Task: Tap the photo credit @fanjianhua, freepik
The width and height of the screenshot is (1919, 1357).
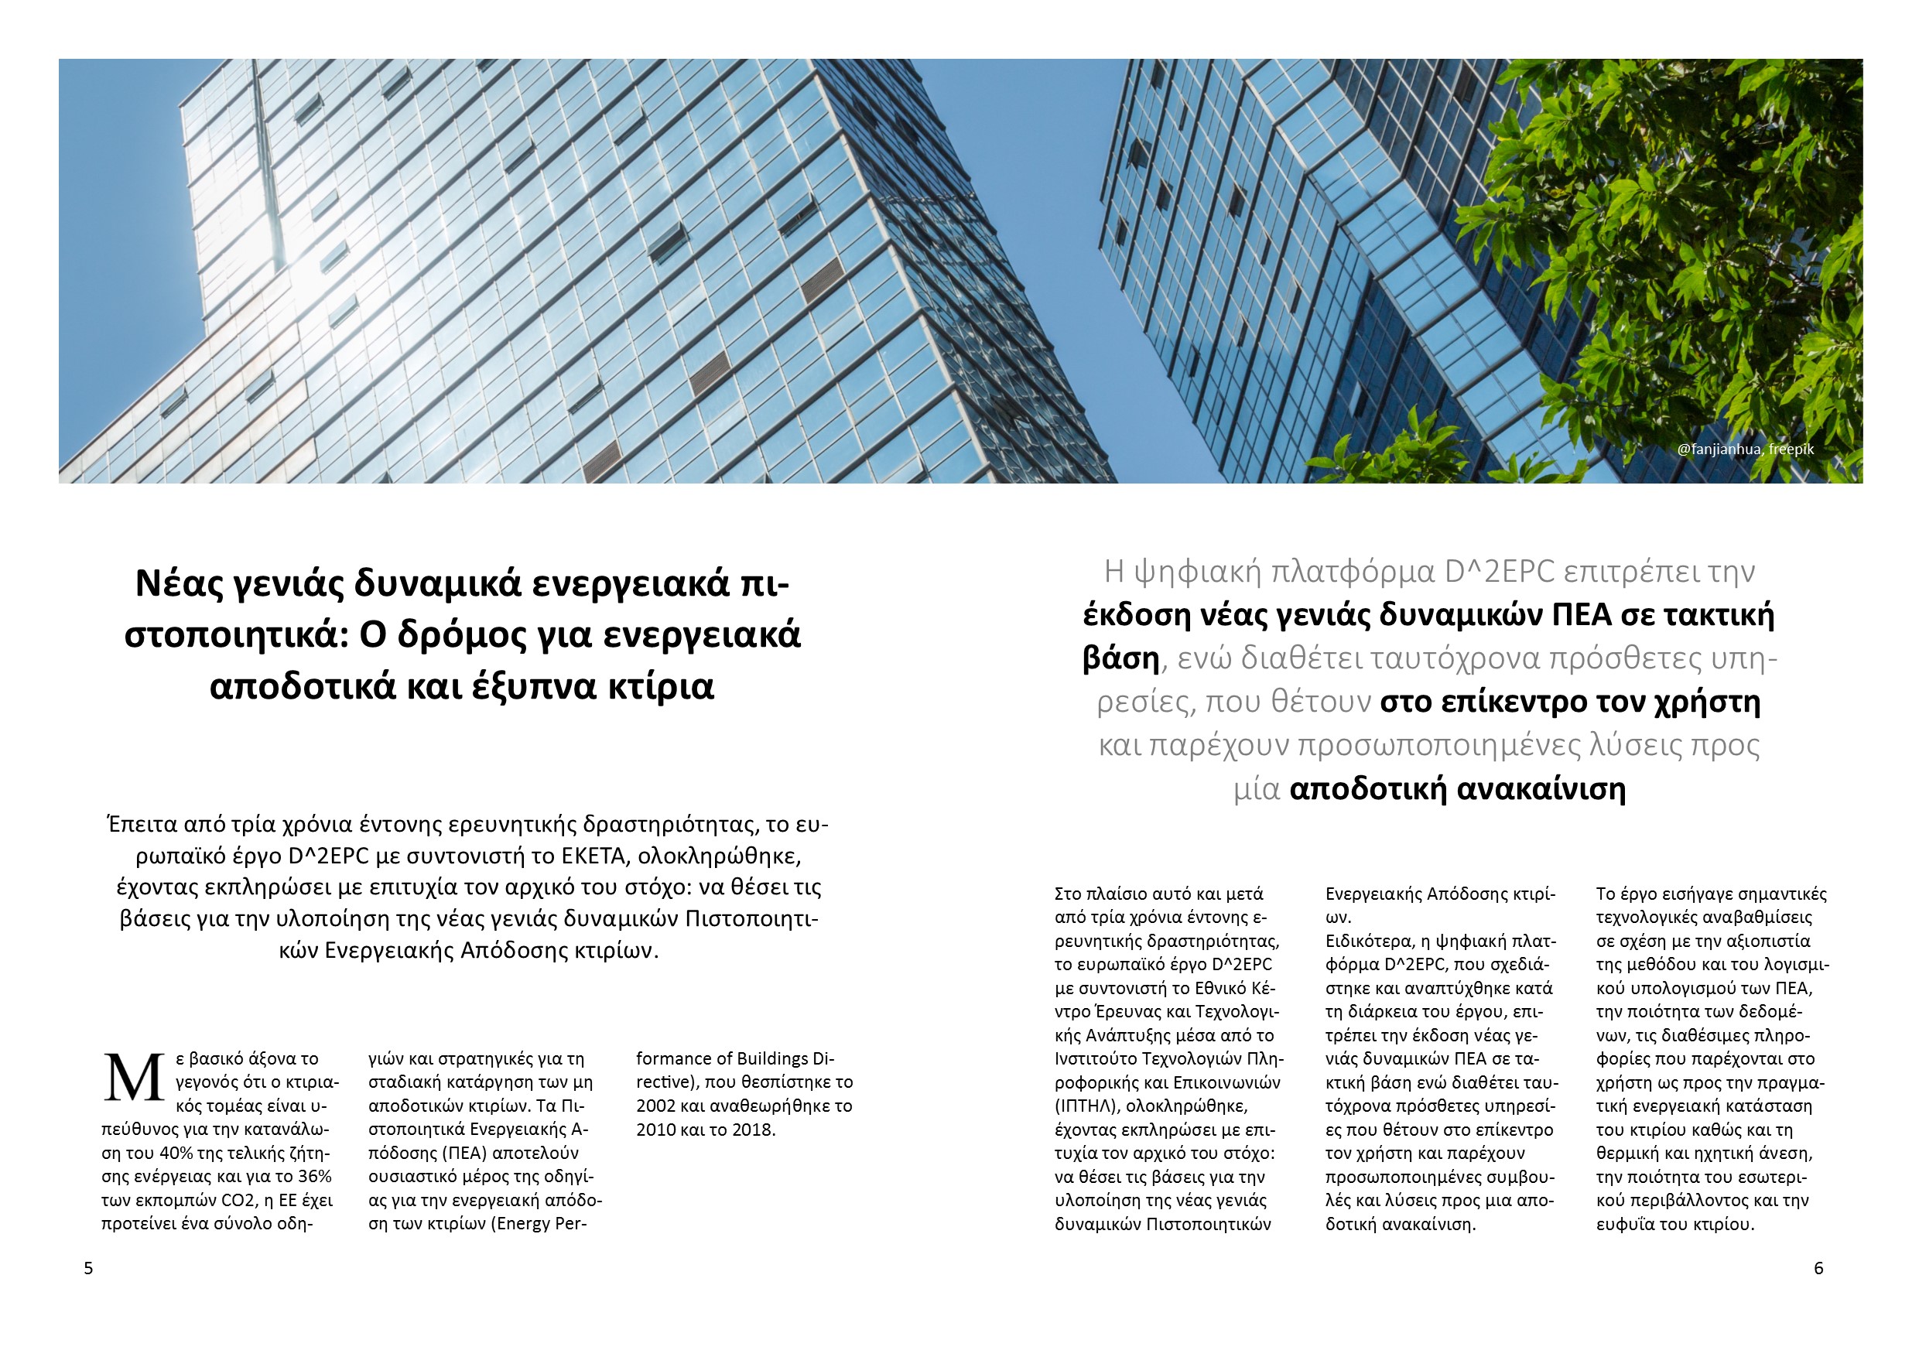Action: point(1745,449)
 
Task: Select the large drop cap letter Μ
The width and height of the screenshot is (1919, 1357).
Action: point(133,1078)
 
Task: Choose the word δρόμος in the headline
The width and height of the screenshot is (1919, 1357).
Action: point(460,634)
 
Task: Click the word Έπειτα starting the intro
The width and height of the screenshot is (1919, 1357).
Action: point(142,825)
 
